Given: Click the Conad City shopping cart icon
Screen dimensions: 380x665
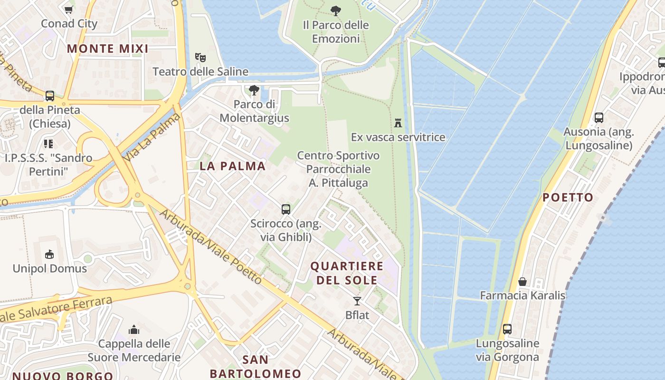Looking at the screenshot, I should [69, 9].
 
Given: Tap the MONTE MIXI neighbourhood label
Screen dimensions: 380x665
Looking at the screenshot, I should [107, 48].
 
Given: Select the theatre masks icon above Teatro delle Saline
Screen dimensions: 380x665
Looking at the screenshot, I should [200, 57].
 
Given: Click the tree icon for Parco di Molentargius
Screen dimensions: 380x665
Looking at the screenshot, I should [254, 90].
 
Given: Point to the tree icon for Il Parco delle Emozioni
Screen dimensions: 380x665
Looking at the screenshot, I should [336, 10].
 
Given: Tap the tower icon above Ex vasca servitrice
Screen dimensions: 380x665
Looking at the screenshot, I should [398, 123].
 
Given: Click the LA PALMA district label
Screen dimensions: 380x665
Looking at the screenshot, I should [232, 166].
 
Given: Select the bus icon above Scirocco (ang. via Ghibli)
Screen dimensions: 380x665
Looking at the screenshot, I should [286, 209].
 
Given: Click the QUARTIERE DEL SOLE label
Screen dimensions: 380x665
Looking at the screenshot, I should [347, 273].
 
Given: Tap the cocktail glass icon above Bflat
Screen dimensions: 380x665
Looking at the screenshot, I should [357, 301].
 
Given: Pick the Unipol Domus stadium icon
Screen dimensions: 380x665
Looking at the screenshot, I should [49, 255].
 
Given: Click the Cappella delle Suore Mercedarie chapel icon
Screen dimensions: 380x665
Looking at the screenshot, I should [134, 330].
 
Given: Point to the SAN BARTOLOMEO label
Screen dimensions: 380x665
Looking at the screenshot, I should [255, 366].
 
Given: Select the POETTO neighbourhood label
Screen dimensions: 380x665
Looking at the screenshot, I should [568, 197].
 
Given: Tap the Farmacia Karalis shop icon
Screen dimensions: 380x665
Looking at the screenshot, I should [522, 282].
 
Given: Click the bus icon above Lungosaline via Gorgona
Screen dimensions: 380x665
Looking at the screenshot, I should [507, 329].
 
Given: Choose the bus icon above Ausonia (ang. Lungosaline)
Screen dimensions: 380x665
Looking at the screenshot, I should [599, 117].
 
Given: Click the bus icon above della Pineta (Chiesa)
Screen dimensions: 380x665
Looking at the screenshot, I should [50, 95].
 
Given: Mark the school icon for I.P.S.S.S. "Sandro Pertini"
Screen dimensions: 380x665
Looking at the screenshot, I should [48, 143].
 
